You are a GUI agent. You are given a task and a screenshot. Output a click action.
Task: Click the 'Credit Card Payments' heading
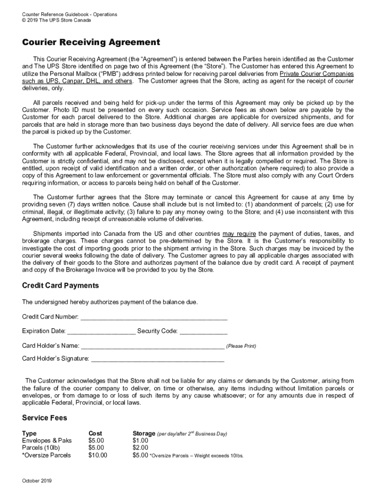tap(61, 285)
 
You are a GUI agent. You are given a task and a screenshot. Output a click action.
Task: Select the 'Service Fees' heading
tap(44, 418)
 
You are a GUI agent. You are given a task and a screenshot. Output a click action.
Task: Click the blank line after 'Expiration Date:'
tap(101, 332)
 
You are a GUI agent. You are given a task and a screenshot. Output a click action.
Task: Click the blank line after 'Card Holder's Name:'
tap(153, 346)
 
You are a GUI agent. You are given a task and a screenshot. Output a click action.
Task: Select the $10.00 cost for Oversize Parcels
tap(98, 455)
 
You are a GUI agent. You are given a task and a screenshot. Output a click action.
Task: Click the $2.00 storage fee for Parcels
tap(141, 448)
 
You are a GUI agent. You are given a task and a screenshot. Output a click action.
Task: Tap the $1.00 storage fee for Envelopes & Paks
tap(141, 440)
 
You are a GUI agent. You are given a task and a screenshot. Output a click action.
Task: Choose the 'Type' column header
tap(29, 433)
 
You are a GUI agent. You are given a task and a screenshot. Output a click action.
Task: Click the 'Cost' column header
tap(95, 433)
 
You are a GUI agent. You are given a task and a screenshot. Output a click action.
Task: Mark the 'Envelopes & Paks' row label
tap(47, 440)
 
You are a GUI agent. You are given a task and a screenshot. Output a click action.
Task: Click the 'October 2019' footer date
tap(37, 481)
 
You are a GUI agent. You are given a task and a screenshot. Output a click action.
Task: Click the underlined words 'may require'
tap(239, 234)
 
